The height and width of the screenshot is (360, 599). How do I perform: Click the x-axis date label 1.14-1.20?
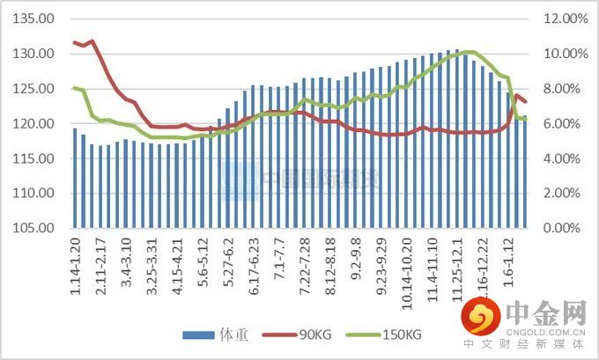click(75, 264)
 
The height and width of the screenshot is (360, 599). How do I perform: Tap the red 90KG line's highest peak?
click(92, 40)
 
